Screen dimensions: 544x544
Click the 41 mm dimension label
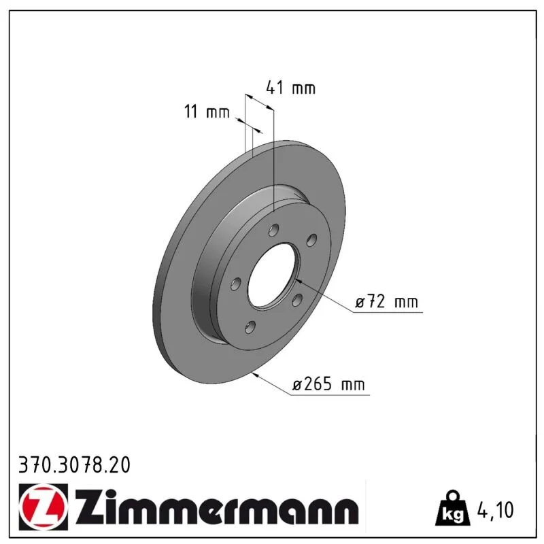[291, 88]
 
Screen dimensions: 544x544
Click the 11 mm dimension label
[207, 112]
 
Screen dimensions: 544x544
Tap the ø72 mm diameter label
[386, 302]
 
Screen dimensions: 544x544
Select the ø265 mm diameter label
[328, 384]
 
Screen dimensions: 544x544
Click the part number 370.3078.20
[75, 465]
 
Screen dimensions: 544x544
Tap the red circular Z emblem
[44, 507]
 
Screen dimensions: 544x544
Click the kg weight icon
[453, 508]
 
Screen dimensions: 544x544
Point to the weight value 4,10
[496, 510]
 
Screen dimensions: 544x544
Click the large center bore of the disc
[273, 275]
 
